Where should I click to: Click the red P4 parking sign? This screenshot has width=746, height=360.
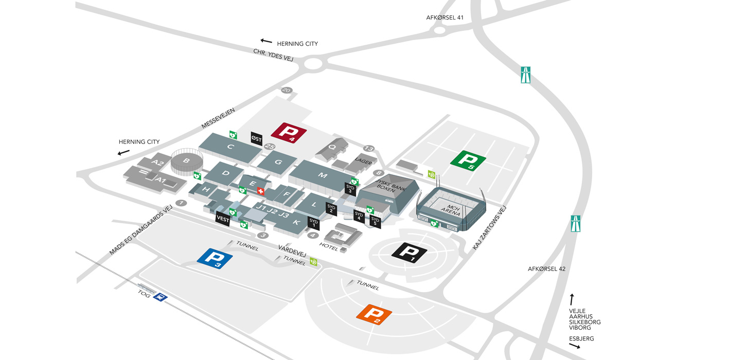tap(289, 132)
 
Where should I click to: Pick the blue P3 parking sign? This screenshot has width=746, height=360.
tap(215, 258)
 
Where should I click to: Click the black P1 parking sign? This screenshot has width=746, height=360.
tap(410, 252)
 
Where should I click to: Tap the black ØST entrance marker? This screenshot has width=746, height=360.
tap(256, 138)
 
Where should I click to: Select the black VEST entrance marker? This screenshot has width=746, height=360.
tap(223, 219)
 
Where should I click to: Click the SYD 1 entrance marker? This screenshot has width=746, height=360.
tap(313, 223)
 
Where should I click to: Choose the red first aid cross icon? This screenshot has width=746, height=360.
tap(260, 191)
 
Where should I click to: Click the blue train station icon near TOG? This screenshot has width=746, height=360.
tap(161, 297)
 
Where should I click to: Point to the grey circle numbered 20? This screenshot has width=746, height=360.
tap(287, 91)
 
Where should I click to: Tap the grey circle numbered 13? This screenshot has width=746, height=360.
tap(368, 149)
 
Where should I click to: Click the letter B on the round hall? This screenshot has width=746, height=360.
tap(186, 160)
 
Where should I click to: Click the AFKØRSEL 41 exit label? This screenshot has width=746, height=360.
tap(445, 17)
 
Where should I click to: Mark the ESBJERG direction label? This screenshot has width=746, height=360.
tap(581, 338)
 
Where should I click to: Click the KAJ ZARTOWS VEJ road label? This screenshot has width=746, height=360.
tap(489, 228)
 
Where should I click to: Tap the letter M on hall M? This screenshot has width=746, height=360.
tap(323, 175)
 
